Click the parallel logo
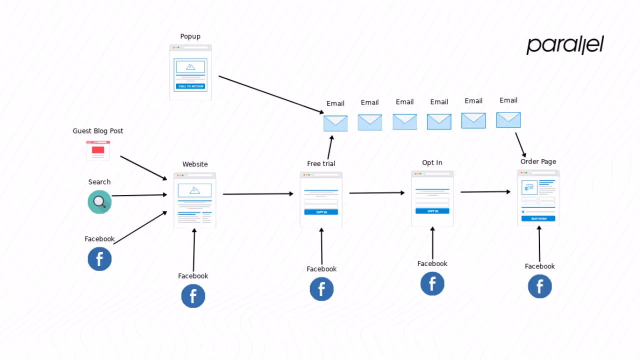point(565,45)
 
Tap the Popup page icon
point(190,72)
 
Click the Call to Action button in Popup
point(190,86)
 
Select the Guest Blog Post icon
point(98,150)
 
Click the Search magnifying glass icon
point(99,202)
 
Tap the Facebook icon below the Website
point(193,296)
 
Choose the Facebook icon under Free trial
point(321,289)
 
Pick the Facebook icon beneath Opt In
point(432,283)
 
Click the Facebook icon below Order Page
point(540,286)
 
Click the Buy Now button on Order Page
point(538,218)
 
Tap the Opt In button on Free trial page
point(321,212)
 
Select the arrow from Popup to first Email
point(271,94)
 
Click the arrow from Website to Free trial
point(258,194)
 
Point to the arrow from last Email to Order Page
point(520,144)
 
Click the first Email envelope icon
point(335,123)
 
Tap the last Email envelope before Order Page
point(508,120)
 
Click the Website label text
point(195,164)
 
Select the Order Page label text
point(538,161)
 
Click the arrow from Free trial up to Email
point(330,147)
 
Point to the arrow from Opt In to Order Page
point(485,191)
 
